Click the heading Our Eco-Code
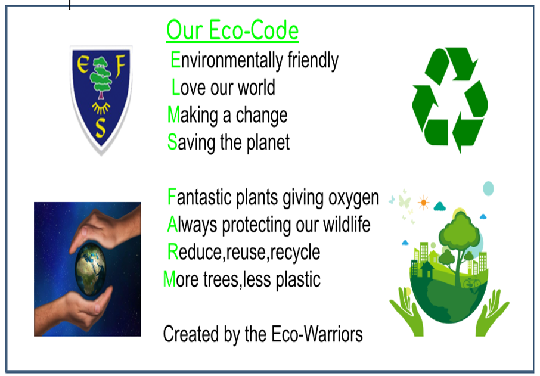[x=232, y=30]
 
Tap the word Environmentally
[x=226, y=61]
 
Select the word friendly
[x=313, y=61]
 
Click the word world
[x=256, y=87]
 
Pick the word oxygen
[x=353, y=198]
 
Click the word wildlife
[x=346, y=225]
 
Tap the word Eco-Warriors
[x=317, y=334]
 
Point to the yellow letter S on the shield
[x=101, y=128]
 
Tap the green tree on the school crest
[x=101, y=78]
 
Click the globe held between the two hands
[x=91, y=268]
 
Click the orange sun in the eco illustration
[x=423, y=203]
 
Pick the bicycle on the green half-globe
[x=471, y=282]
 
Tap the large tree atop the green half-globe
[x=458, y=241]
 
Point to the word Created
[x=191, y=334]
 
